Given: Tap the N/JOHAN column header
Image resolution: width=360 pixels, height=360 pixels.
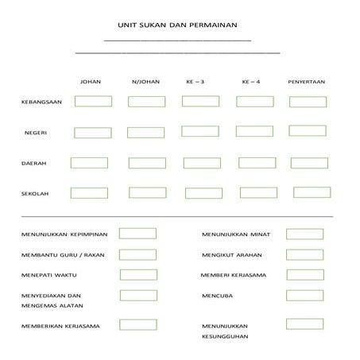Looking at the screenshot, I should [x=145, y=81].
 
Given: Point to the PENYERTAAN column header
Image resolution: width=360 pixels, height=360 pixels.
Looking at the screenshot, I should [x=307, y=81].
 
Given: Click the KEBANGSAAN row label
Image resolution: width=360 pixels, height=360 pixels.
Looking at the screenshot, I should [x=40, y=102].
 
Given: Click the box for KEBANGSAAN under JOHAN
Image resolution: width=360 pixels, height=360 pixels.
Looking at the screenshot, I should [x=93, y=101].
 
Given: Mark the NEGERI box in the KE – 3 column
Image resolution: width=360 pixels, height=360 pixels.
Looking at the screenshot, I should [x=199, y=131].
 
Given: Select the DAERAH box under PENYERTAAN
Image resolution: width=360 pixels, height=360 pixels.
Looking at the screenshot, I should [x=308, y=163].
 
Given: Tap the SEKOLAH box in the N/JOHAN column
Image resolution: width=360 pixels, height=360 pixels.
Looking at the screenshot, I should [x=147, y=192].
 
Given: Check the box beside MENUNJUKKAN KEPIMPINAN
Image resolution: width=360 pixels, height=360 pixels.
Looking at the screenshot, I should [x=137, y=234].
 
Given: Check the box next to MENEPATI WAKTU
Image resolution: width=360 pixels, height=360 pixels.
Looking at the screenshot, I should [x=138, y=275].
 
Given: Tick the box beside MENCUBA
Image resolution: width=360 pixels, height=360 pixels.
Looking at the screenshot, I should [x=304, y=296].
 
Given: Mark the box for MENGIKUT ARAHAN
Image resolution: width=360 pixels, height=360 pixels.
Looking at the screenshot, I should [x=304, y=254].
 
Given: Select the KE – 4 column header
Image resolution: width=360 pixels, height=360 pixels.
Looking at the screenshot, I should [x=250, y=81].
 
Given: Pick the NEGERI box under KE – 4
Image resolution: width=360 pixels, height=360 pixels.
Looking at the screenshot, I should [x=254, y=131].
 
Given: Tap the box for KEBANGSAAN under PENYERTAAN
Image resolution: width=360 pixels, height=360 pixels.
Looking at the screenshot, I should [x=308, y=102].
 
